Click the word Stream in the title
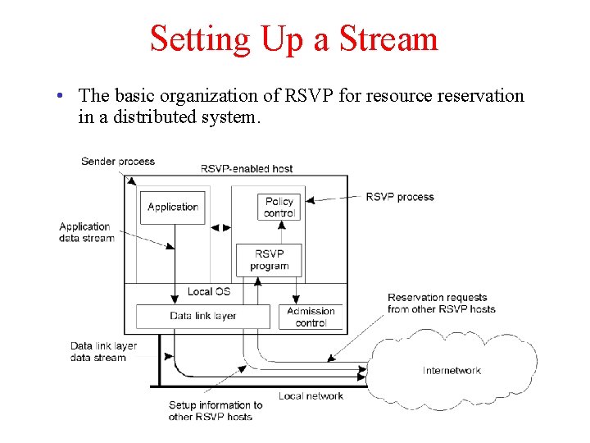pos(388,39)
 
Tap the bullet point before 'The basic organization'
pos(61,97)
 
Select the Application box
pos(173,208)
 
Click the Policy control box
pos(279,208)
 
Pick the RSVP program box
pos(269,260)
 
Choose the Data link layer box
pos(202,316)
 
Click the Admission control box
pos(311,317)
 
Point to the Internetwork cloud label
pos(452,371)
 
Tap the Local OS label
pos(208,291)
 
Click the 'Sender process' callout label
pos(118,162)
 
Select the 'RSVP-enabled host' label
pos(247,169)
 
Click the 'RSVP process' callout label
pos(399,197)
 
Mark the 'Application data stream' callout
pos(86,232)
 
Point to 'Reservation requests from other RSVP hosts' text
pos(441,304)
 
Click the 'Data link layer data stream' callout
pos(103,352)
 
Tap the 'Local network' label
pos(311,396)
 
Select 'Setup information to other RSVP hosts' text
pos(216,410)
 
